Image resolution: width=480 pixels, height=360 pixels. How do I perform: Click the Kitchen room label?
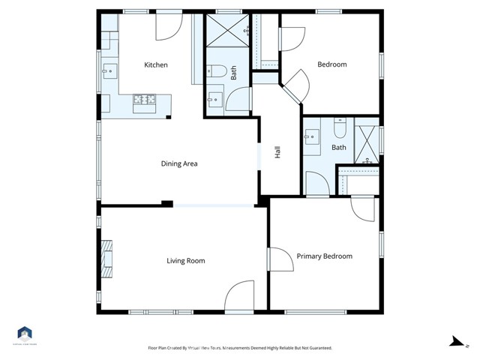point(156,64)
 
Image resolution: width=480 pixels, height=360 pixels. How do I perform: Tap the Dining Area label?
point(179,163)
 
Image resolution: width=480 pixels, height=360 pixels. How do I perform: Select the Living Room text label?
point(185,261)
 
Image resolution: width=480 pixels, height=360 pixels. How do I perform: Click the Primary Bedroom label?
point(324,256)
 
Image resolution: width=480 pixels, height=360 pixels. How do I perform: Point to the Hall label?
point(277,152)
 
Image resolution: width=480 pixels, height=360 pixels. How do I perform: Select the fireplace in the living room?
point(108,258)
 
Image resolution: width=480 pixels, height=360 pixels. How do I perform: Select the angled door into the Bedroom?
point(294,84)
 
